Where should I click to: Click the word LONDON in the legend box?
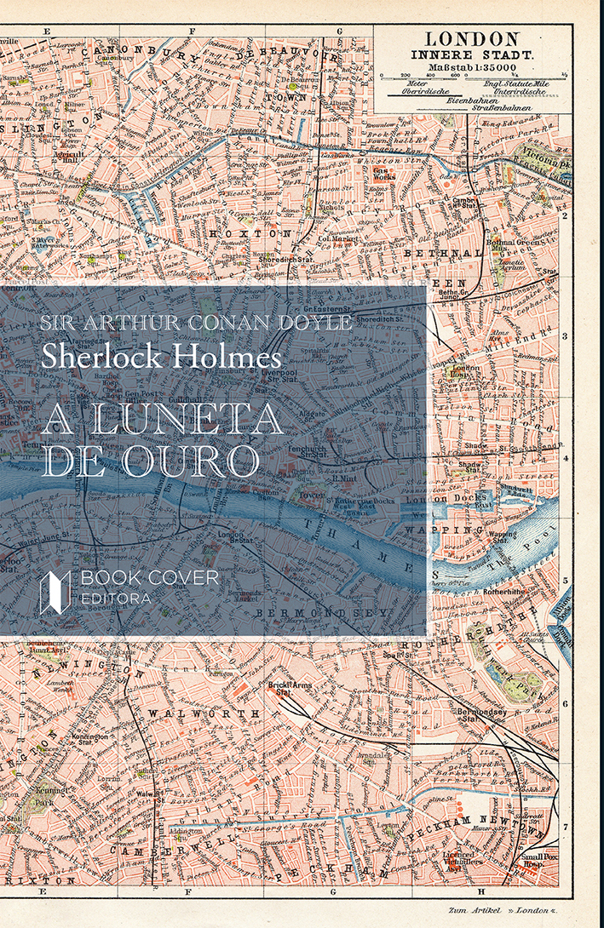click(x=472, y=38)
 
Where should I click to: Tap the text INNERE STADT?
click(x=472, y=54)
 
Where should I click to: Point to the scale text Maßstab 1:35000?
click(x=472, y=67)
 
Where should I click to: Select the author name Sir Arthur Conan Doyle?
click(x=197, y=324)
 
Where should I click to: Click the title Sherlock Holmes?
click(x=161, y=355)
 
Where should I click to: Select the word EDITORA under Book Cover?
click(x=116, y=599)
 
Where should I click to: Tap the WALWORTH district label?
click(x=204, y=712)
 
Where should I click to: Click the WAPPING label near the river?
click(x=461, y=530)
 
